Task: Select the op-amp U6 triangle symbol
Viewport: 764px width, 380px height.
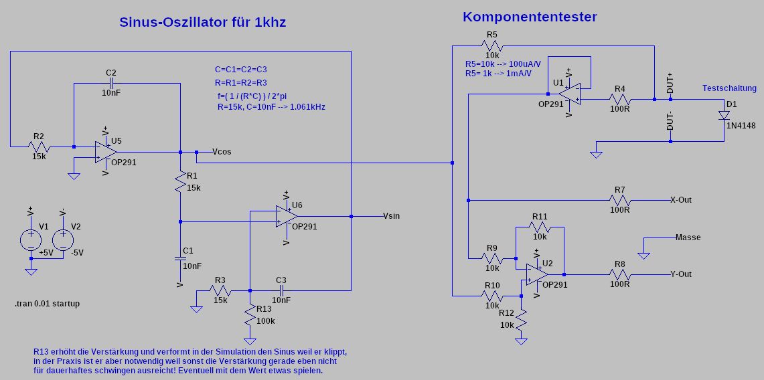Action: [287, 216]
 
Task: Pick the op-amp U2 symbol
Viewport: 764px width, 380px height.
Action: [537, 274]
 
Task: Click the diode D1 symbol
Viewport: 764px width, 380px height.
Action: [724, 115]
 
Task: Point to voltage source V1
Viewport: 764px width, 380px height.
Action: [30, 239]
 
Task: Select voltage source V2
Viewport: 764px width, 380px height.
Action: [62, 239]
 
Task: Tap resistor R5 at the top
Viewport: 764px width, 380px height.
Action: [492, 45]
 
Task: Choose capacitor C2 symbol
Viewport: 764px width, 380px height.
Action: [111, 83]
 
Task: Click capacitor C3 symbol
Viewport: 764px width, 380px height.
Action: [281, 290]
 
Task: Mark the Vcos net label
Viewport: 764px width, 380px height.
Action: [222, 152]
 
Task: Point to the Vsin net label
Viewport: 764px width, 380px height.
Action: [392, 216]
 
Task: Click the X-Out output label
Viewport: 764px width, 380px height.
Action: [680, 200]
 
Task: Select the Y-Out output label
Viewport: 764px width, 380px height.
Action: [680, 274]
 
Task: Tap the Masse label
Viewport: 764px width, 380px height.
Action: [688, 237]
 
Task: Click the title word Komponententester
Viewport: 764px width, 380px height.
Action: [529, 17]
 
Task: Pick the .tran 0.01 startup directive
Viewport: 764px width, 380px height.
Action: [47, 304]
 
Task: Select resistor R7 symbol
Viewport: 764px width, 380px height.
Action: [619, 199]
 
